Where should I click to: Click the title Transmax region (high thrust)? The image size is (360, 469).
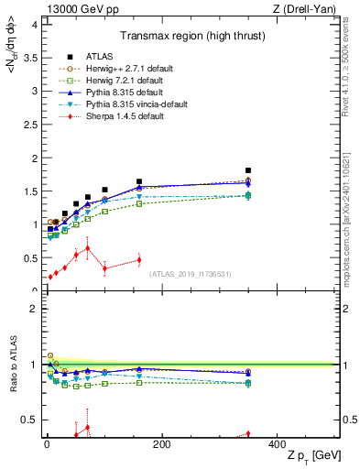[190, 38]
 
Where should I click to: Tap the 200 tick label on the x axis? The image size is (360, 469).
[162, 444]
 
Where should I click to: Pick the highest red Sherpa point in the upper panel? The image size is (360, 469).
[87, 247]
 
